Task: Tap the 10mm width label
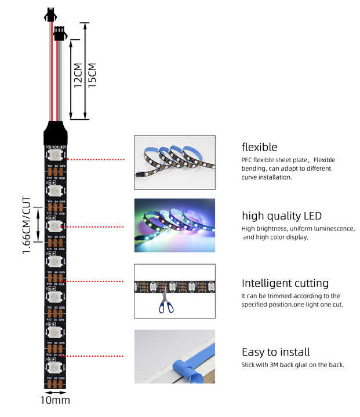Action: pos(55,400)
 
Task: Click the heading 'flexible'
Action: pos(259,147)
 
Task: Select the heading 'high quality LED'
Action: pos(281,216)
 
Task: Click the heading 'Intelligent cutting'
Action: pos(285,283)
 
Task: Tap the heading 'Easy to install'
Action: pos(275,352)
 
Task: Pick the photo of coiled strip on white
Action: pos(174,162)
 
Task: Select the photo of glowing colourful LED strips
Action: pos(174,225)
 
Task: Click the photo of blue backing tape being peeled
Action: pos(174,356)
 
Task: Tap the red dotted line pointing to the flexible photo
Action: pos(97,159)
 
